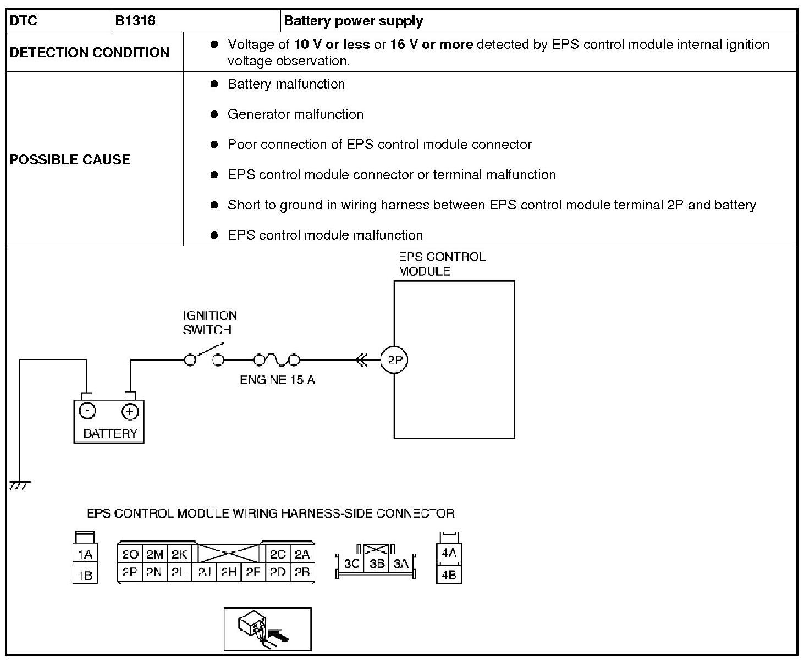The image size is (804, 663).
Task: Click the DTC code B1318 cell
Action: pos(135,21)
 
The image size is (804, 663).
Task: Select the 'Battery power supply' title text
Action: pos(353,21)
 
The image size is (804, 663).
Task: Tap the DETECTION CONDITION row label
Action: pos(90,52)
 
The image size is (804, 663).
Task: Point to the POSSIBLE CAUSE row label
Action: pos(70,159)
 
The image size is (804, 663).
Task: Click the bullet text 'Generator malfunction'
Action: pos(295,114)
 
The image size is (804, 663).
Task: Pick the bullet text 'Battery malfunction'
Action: pos(286,84)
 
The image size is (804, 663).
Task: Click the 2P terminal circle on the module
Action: pos(395,361)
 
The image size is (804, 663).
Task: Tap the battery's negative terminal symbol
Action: pos(87,411)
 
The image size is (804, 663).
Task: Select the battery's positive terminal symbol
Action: pos(130,411)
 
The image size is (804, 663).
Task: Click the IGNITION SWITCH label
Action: pos(210,323)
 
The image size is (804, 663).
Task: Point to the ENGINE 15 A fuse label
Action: pos(277,380)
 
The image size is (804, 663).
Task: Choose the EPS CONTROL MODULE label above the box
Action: pos(442,264)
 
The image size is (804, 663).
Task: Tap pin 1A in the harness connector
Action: pos(85,555)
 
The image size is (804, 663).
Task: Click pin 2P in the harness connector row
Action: pos(130,572)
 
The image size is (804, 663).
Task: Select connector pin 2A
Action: pos(302,555)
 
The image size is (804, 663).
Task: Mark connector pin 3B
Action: pos(376,563)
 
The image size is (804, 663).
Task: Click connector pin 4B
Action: pos(449,575)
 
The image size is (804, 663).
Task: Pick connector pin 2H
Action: pos(228,572)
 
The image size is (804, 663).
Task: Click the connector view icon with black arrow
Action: pos(267,629)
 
